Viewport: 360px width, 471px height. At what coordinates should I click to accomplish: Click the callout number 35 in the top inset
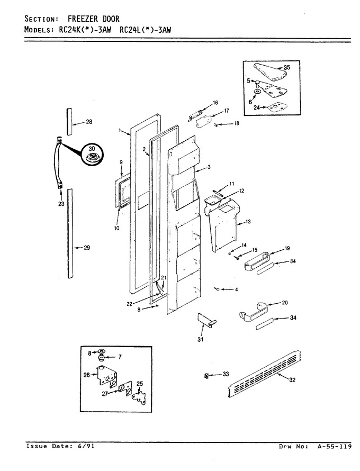287,67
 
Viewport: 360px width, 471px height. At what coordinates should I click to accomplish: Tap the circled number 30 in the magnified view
92,149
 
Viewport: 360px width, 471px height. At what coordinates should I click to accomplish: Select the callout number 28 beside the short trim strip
89,122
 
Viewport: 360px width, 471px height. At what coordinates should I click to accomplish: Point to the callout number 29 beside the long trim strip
87,248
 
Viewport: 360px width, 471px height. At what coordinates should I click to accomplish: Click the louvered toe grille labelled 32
264,374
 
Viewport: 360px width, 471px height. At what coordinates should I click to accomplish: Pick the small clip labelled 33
206,376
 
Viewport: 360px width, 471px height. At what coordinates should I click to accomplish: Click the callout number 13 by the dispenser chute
248,222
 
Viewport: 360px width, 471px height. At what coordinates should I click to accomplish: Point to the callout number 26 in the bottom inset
86,375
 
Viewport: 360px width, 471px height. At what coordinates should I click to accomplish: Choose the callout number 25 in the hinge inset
140,384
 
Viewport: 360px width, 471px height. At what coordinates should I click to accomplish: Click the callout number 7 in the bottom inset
120,357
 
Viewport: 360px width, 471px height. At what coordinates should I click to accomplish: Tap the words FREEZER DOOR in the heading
94,19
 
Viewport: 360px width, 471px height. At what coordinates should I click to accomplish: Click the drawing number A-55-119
334,447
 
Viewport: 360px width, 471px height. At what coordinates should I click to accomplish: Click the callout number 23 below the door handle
61,204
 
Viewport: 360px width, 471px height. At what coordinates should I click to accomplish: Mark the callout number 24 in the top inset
257,107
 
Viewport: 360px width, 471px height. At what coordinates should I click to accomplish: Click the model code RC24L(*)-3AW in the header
145,30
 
